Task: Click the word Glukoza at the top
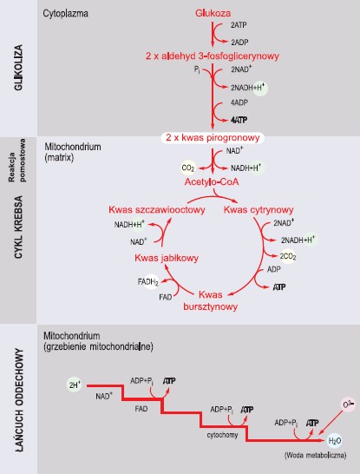(x=213, y=13)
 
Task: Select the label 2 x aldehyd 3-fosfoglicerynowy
(x=213, y=56)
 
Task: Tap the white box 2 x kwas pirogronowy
(x=213, y=138)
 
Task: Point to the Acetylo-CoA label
(x=212, y=181)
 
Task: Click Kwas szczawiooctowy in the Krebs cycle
(x=157, y=209)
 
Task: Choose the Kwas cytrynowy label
(x=259, y=209)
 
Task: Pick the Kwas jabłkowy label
(x=167, y=258)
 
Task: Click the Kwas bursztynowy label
(x=211, y=300)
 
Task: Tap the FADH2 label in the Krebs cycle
(x=148, y=282)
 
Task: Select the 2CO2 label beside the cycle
(x=287, y=256)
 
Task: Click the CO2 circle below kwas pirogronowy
(x=188, y=168)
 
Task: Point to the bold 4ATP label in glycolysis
(x=239, y=120)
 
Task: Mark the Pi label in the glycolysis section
(x=197, y=70)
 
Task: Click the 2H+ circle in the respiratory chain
(x=75, y=385)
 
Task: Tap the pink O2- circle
(x=348, y=405)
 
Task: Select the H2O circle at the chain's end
(x=335, y=441)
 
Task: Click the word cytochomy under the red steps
(x=222, y=435)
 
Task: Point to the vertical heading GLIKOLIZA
(x=18, y=68)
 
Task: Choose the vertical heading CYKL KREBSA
(x=18, y=227)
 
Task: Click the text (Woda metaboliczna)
(x=315, y=455)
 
